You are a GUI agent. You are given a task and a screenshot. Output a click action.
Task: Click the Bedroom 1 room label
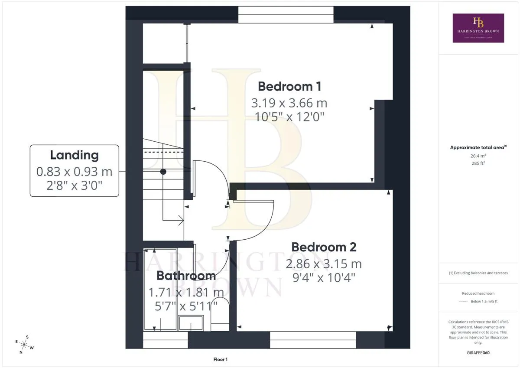tap(289, 87)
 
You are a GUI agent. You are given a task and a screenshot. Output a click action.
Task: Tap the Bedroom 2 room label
tap(324, 247)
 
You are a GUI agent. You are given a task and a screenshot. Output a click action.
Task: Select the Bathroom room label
tap(186, 276)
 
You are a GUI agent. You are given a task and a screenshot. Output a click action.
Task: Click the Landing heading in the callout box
tap(74, 155)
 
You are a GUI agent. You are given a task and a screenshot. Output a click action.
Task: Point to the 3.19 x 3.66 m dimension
tap(289, 103)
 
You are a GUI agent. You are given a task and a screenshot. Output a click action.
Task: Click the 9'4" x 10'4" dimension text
tap(324, 278)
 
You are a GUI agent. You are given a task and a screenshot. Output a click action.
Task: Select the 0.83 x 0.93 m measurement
tap(74, 172)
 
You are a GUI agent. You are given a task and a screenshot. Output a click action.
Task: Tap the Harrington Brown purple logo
tap(478, 28)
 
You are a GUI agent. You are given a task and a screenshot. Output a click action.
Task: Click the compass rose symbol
tap(24, 345)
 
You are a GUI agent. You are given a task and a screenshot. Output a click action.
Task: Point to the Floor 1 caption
tap(220, 359)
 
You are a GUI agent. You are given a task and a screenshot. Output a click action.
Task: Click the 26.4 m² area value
tap(478, 156)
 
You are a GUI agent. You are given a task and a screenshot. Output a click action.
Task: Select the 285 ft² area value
tap(478, 163)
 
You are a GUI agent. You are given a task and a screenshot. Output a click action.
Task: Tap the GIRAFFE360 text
tap(478, 353)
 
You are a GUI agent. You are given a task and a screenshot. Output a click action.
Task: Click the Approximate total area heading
tap(478, 147)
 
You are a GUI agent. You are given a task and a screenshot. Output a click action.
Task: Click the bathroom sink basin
tap(191, 323)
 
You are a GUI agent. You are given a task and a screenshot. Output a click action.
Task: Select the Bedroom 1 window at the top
tap(286, 15)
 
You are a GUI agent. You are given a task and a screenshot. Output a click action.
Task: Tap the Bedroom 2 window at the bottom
tap(313, 340)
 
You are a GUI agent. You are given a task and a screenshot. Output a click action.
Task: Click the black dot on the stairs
tap(163, 172)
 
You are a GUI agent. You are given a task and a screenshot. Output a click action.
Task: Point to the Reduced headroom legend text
tap(478, 293)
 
